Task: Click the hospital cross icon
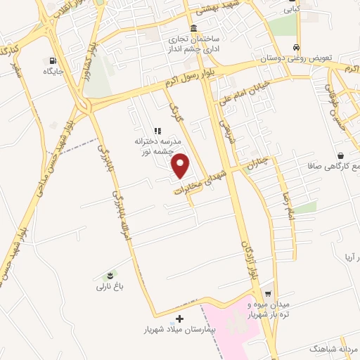(181, 319)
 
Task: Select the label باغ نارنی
(110, 287)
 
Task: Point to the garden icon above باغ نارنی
(110, 275)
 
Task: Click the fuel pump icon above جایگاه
(53, 60)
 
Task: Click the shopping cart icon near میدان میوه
(268, 294)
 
